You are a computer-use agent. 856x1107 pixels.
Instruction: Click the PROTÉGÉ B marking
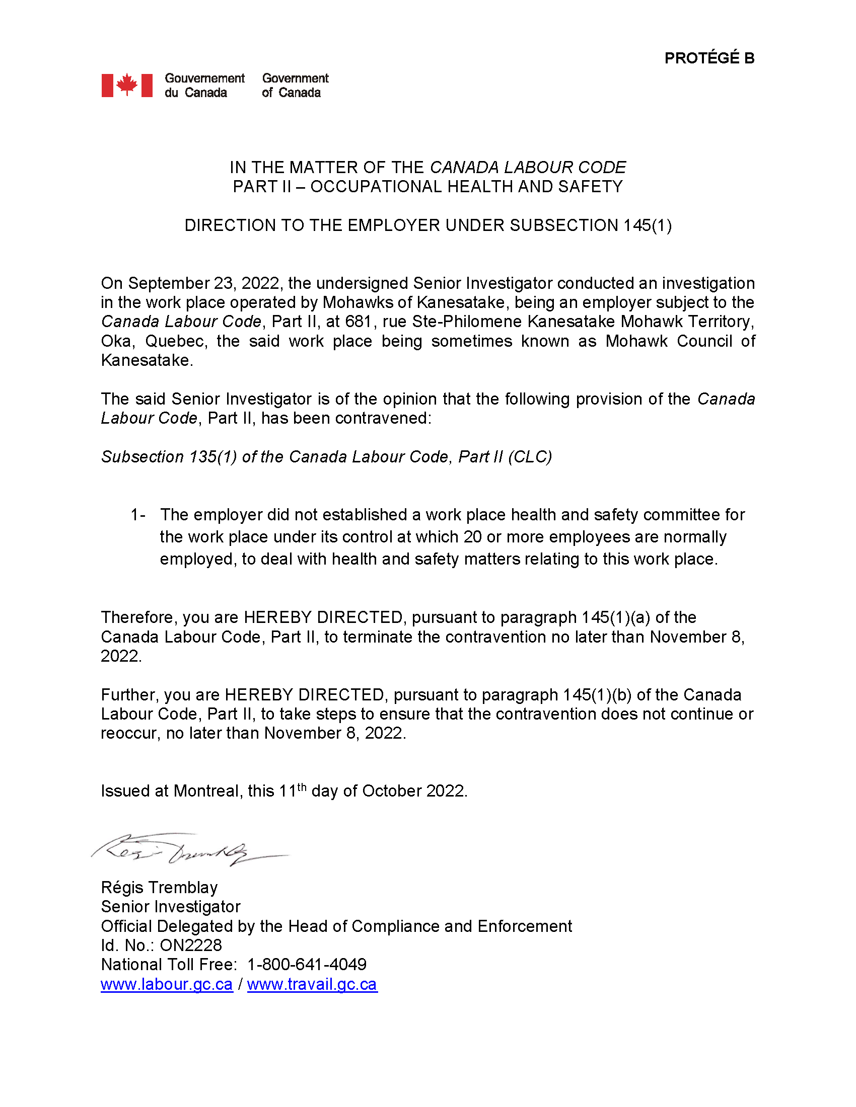click(709, 58)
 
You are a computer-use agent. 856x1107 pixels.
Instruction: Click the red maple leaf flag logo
click(127, 85)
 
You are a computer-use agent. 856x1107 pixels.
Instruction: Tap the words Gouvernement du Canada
click(204, 85)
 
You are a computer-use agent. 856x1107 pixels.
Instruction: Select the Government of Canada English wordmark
click(295, 85)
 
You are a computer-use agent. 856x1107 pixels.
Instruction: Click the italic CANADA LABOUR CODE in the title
click(527, 167)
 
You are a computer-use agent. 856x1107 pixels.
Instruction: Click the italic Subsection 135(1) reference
click(169, 457)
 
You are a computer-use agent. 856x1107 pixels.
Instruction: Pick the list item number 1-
click(138, 515)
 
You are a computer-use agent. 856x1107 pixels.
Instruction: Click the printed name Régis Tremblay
click(159, 888)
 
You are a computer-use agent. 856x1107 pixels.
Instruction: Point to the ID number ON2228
click(191, 945)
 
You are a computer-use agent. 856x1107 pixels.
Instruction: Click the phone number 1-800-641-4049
click(307, 965)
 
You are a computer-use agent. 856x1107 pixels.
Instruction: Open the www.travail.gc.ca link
click(312, 984)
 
